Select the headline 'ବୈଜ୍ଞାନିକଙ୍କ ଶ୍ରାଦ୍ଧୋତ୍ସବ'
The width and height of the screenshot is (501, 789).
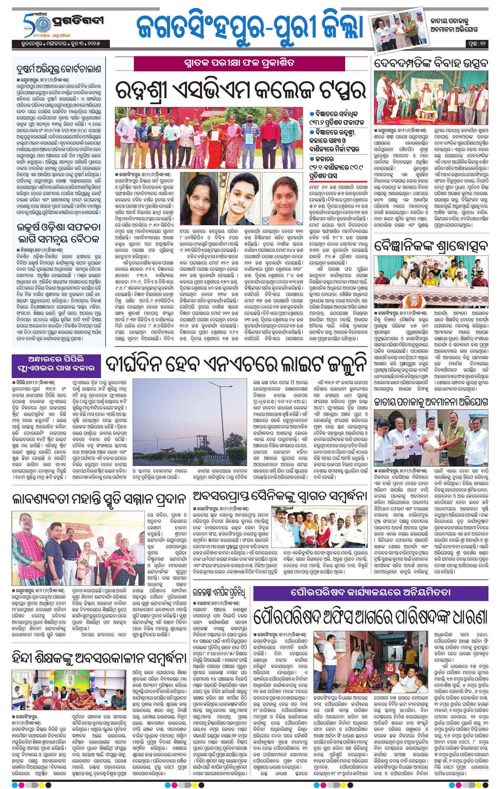pyautogui.click(x=431, y=245)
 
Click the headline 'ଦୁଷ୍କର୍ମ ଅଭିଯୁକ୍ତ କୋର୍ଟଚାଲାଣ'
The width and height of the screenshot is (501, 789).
pyautogui.click(x=59, y=69)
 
